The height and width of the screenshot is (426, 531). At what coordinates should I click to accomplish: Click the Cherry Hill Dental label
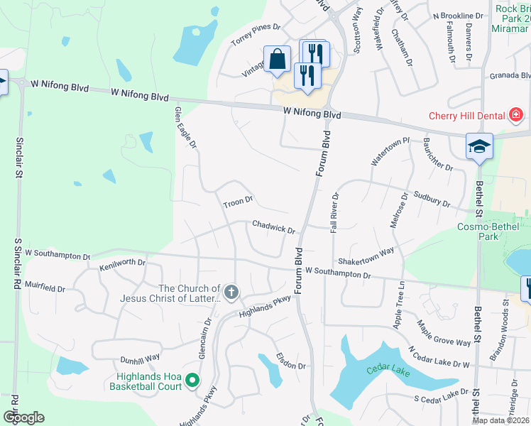coord(465,116)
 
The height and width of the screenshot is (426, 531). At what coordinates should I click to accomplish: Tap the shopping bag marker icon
coord(277,60)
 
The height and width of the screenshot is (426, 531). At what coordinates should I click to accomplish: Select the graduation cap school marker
coord(479,147)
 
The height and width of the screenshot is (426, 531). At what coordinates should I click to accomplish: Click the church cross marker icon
coord(231,292)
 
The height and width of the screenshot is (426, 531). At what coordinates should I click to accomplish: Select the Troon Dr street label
coord(239,203)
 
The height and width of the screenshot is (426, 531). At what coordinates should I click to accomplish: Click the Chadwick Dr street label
coord(273,226)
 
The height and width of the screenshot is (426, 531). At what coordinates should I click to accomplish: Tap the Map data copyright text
coord(500,420)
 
